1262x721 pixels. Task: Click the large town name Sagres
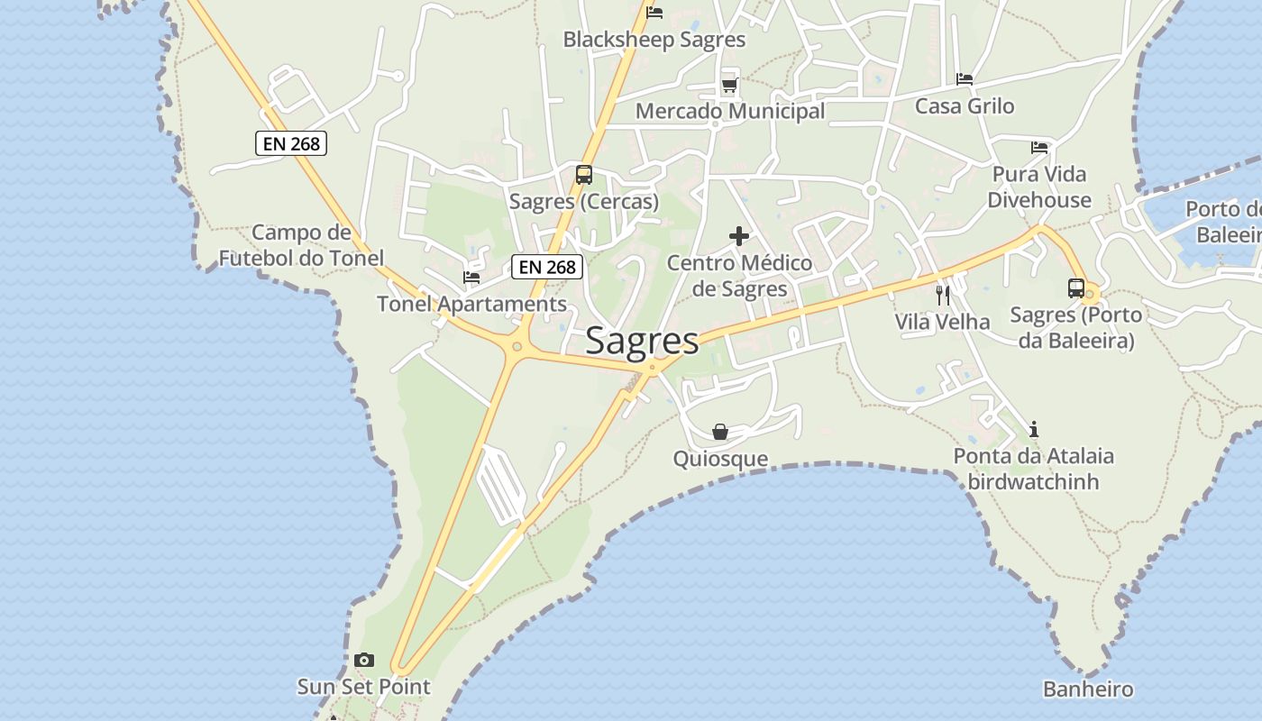click(x=642, y=341)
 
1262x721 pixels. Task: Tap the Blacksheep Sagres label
click(x=654, y=40)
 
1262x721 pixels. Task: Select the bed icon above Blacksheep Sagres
click(x=654, y=13)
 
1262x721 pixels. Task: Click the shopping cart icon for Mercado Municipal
click(x=729, y=86)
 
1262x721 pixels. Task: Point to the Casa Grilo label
click(x=965, y=106)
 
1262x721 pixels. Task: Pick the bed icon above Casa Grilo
click(x=965, y=79)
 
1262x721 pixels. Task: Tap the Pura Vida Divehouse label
click(x=1039, y=187)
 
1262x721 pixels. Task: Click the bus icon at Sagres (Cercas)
click(x=584, y=175)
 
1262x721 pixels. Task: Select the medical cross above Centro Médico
click(x=739, y=236)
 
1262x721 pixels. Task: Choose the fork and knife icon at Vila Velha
click(x=943, y=295)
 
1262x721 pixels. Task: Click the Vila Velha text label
click(x=942, y=322)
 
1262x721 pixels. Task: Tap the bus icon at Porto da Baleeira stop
click(x=1076, y=288)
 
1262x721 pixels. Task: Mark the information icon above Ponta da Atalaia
click(x=1034, y=429)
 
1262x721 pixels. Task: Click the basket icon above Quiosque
click(x=720, y=432)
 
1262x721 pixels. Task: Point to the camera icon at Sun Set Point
click(x=364, y=660)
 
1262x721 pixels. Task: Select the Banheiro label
click(x=1088, y=689)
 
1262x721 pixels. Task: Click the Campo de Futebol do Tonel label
click(x=301, y=245)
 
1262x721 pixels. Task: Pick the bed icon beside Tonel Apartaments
click(x=471, y=278)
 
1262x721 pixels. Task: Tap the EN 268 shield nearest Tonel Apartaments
click(x=548, y=267)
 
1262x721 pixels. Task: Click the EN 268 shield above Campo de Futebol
click(x=291, y=143)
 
